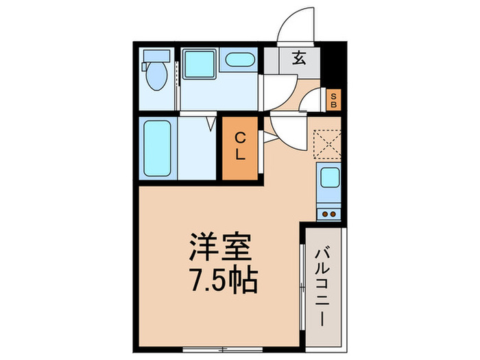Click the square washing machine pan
tap(199, 64)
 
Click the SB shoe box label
tap(333, 100)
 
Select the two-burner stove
tap(329, 213)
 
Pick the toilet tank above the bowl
tap(156, 56)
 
